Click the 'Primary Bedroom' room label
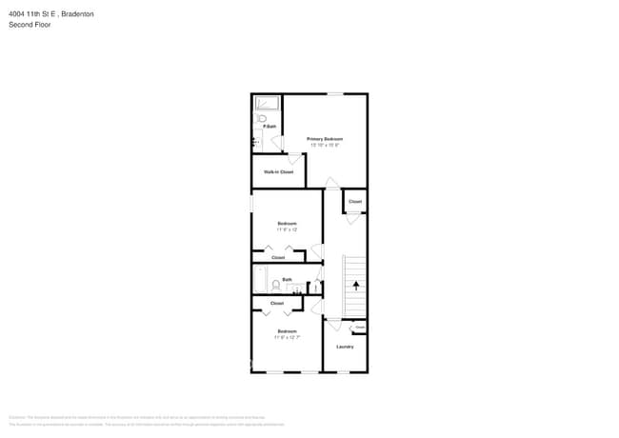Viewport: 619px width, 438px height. (x=325, y=139)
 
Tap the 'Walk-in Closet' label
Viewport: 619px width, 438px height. (x=279, y=171)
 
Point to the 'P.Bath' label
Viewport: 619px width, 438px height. (x=270, y=127)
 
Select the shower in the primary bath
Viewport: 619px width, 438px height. (x=266, y=103)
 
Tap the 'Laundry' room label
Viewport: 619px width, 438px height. (x=345, y=347)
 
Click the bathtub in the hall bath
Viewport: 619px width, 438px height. (x=260, y=280)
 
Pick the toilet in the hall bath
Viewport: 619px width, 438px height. (x=276, y=285)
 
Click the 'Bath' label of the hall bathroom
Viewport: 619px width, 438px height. (x=287, y=279)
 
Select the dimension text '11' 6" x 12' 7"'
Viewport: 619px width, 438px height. (x=287, y=337)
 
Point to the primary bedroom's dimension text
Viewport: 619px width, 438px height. (x=325, y=145)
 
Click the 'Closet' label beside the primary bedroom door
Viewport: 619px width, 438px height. (x=355, y=202)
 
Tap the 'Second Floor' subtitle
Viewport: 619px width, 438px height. (x=30, y=25)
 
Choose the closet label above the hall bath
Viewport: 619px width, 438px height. (x=278, y=258)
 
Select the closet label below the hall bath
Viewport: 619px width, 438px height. (x=277, y=303)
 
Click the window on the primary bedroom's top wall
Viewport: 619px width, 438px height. (x=335, y=93)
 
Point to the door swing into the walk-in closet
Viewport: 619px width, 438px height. (x=294, y=158)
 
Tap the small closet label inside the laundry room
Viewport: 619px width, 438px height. (x=360, y=328)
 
